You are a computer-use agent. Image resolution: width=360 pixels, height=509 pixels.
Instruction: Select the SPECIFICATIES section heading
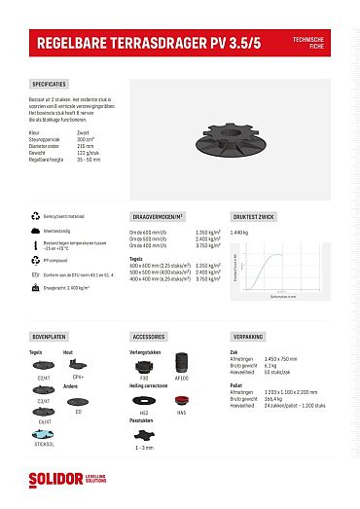[x=50, y=85]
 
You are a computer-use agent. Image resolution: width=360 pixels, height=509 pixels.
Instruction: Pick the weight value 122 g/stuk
[x=86, y=152]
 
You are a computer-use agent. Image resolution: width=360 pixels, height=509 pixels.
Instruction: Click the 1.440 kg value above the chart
[x=241, y=233]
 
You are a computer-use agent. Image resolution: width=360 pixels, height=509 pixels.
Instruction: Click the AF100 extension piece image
[x=181, y=366]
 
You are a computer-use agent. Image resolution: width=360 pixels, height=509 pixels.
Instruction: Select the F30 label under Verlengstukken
[x=144, y=380]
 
